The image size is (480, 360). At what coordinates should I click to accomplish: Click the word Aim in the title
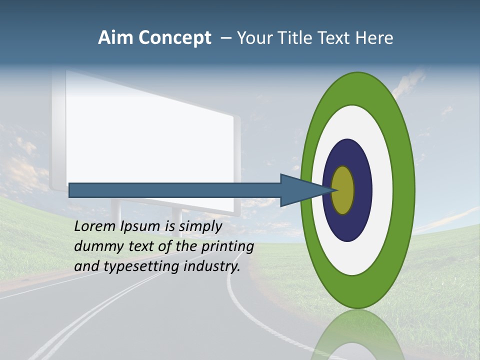pyautogui.click(x=116, y=38)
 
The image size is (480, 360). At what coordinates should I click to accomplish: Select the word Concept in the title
pyautogui.click(x=175, y=38)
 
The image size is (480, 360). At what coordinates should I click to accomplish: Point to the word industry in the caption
pyautogui.click(x=212, y=266)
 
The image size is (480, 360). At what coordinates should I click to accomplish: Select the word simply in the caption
pyautogui.click(x=200, y=226)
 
